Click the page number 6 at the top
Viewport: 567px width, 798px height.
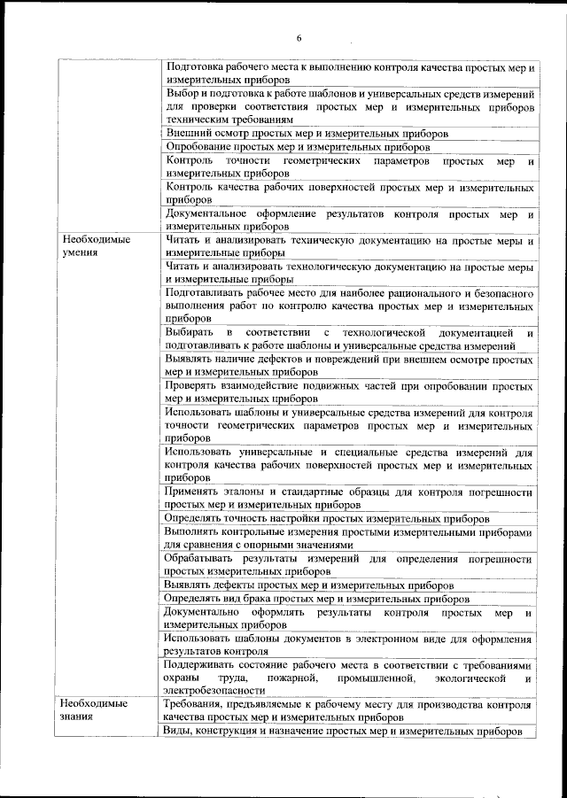click(x=299, y=37)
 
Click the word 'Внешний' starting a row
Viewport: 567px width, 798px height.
click(x=188, y=133)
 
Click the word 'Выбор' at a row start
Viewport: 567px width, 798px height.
click(x=182, y=94)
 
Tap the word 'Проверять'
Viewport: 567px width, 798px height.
click(x=191, y=386)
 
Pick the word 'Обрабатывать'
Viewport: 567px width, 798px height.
click(x=200, y=559)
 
